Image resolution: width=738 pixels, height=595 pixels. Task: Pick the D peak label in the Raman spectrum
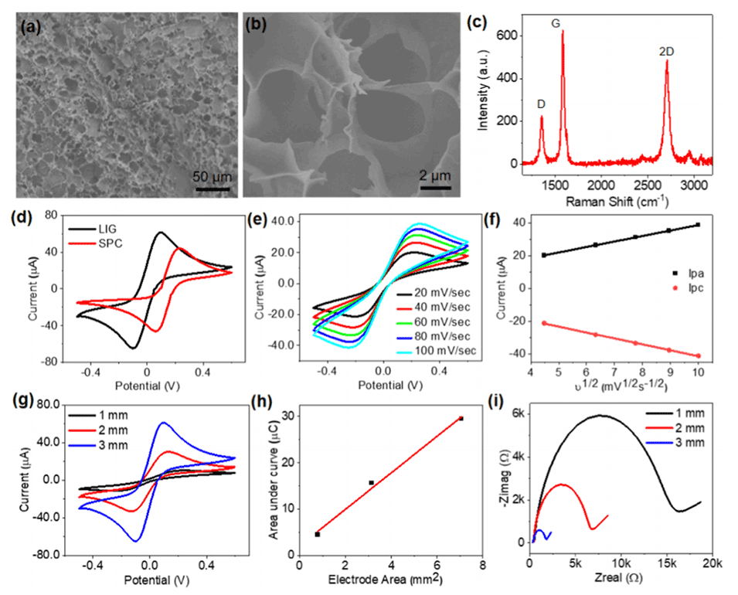tap(541, 104)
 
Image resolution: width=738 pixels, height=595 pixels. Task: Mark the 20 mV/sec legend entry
tap(437, 294)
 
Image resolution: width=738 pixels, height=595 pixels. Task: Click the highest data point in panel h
tap(461, 418)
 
